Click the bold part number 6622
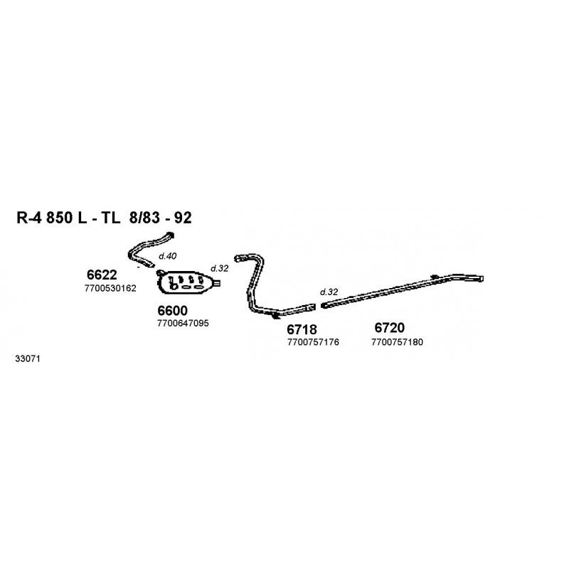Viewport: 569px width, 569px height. pos(102,275)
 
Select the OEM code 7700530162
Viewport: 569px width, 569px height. pos(110,288)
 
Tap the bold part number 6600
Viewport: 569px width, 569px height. pos(172,311)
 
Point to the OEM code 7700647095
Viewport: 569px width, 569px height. pos(183,323)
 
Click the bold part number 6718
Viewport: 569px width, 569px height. pos(302,329)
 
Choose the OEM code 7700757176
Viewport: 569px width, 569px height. pos(313,342)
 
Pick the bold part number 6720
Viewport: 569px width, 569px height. pos(389,328)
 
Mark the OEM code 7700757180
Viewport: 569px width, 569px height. pos(397,342)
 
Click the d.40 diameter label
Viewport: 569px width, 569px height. pos(168,256)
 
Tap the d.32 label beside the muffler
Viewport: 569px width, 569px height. pos(220,269)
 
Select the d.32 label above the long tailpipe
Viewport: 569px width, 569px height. pos(329,292)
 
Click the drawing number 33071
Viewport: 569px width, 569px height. pos(28,359)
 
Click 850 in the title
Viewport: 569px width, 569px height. pos(59,218)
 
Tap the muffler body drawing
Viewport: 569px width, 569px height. pos(185,282)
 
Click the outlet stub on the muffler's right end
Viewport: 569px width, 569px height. pos(217,282)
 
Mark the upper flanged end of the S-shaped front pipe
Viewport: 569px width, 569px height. pos(171,235)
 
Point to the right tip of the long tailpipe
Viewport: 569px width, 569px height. pos(482,279)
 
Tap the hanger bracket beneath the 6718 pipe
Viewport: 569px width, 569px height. pos(276,317)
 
